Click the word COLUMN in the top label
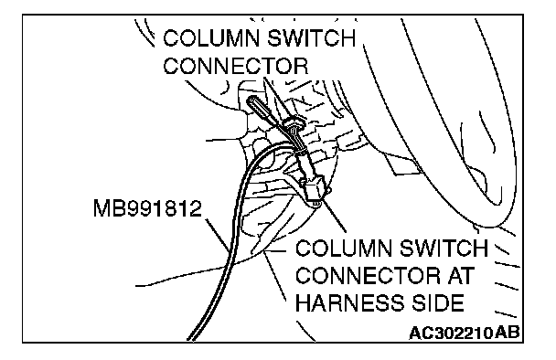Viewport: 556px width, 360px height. [x=211, y=38]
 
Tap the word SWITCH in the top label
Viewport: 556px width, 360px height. [x=311, y=38]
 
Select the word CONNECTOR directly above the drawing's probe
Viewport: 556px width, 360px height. [x=235, y=66]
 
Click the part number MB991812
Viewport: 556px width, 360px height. [x=147, y=208]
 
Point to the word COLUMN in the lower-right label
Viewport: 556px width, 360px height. [x=344, y=248]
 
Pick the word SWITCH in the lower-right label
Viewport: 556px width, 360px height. [x=444, y=248]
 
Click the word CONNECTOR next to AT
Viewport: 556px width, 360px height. [x=368, y=276]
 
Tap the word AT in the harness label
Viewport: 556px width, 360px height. [x=461, y=276]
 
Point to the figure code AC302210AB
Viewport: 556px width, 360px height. [x=465, y=334]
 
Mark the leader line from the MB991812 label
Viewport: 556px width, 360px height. [x=218, y=235]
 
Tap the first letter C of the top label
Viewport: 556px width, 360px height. [x=171, y=38]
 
